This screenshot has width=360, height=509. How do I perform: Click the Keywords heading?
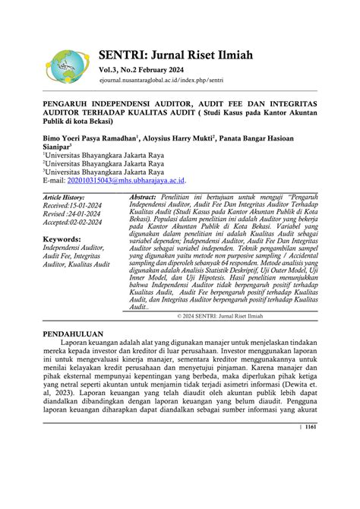63,239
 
